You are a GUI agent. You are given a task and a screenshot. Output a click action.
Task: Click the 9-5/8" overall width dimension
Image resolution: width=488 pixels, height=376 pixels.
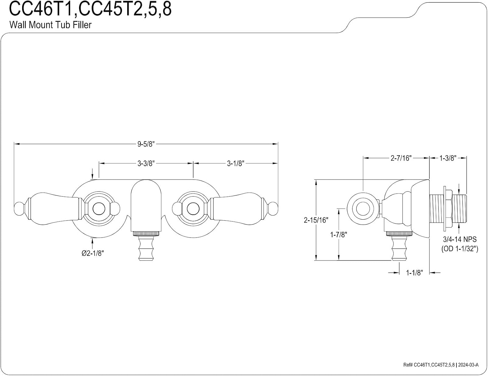[146, 144]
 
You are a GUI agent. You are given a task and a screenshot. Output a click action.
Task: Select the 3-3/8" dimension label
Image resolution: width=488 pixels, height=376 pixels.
[146, 164]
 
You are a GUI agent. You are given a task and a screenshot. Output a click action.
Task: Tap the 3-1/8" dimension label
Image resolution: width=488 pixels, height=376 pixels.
[235, 164]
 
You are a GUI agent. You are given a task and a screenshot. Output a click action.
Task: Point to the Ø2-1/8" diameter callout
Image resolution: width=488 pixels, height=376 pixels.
[93, 253]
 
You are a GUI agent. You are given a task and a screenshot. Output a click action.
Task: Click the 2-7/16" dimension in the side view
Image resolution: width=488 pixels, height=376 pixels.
[401, 158]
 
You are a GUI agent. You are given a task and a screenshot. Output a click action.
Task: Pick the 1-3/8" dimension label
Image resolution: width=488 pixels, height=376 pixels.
[448, 158]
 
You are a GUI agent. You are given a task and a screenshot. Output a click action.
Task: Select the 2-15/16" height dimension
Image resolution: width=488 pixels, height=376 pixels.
[316, 220]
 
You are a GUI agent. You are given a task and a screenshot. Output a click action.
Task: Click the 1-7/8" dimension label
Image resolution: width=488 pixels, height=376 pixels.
[338, 235]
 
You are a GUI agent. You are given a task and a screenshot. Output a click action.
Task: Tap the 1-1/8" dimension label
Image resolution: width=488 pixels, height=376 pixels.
[414, 273]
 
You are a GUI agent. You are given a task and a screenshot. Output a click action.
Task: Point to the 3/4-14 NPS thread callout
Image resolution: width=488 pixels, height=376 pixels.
[460, 239]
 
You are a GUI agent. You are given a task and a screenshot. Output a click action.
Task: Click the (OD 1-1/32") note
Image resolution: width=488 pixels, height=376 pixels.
[460, 249]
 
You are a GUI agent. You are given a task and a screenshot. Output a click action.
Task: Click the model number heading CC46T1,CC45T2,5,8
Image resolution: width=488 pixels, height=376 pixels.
[90, 9]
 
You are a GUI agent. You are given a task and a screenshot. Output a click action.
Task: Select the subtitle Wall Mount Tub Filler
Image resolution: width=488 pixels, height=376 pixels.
[50, 25]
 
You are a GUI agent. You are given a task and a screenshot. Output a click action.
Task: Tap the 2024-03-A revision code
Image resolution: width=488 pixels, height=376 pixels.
[468, 365]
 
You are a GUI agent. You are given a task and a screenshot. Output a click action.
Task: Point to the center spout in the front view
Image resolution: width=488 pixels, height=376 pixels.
[146, 207]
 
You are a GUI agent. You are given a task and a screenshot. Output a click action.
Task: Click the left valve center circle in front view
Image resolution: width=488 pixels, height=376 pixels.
[99, 209]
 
